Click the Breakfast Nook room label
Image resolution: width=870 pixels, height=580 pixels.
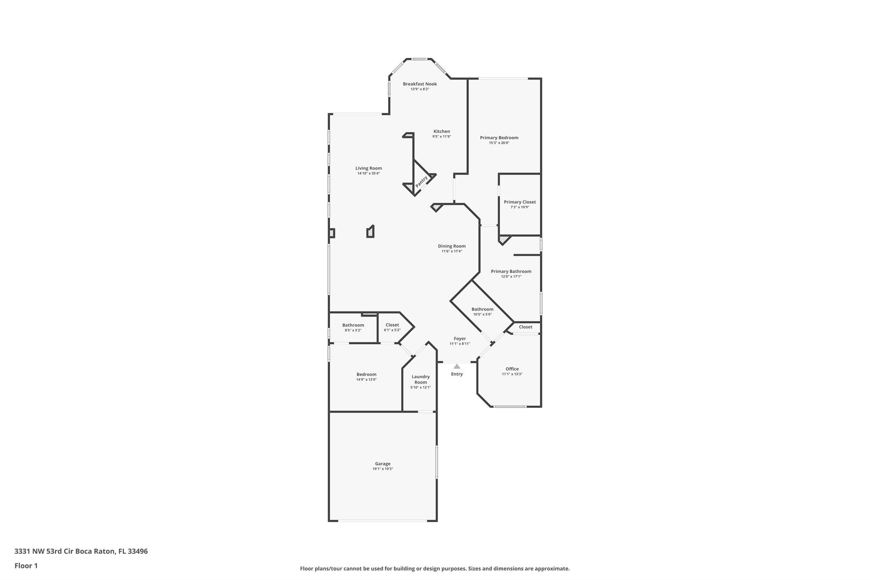pyautogui.click(x=420, y=84)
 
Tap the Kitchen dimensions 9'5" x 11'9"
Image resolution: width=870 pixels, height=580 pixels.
pyautogui.click(x=441, y=136)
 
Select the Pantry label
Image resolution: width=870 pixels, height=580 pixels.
pyautogui.click(x=421, y=182)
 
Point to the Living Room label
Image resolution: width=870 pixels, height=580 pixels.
pyautogui.click(x=368, y=168)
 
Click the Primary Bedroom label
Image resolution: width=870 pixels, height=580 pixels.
pyautogui.click(x=499, y=138)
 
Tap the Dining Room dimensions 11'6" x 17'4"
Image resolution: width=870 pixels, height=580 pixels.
pyautogui.click(x=452, y=252)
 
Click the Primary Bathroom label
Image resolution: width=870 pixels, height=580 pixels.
pyautogui.click(x=511, y=272)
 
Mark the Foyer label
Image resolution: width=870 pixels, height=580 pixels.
pyautogui.click(x=460, y=339)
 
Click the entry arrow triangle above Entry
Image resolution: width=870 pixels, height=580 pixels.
pyautogui.click(x=457, y=366)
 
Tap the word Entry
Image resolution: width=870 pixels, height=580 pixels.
pyautogui.click(x=457, y=374)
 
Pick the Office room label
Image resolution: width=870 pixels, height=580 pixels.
pyautogui.click(x=512, y=369)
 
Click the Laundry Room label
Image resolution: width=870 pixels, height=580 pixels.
pyautogui.click(x=421, y=379)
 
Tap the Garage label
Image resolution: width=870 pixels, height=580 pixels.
pyautogui.click(x=382, y=464)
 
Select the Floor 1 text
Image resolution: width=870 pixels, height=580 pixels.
pyautogui.click(x=26, y=566)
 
